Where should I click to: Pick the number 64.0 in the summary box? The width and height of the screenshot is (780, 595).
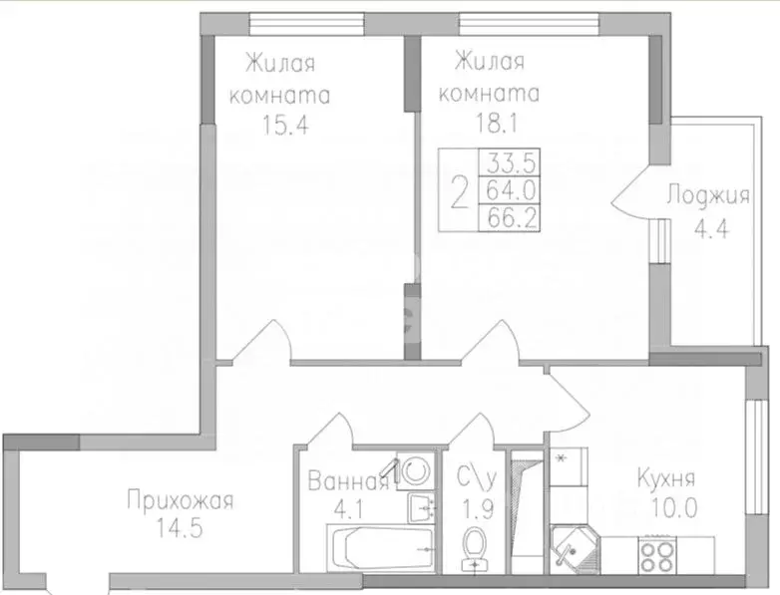tap(508, 189)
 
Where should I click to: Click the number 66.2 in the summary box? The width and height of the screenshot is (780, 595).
tap(508, 216)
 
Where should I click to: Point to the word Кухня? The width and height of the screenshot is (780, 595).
tap(665, 478)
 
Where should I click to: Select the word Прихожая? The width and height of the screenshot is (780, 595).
tap(180, 500)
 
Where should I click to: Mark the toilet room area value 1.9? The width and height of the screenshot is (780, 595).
tap(473, 507)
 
